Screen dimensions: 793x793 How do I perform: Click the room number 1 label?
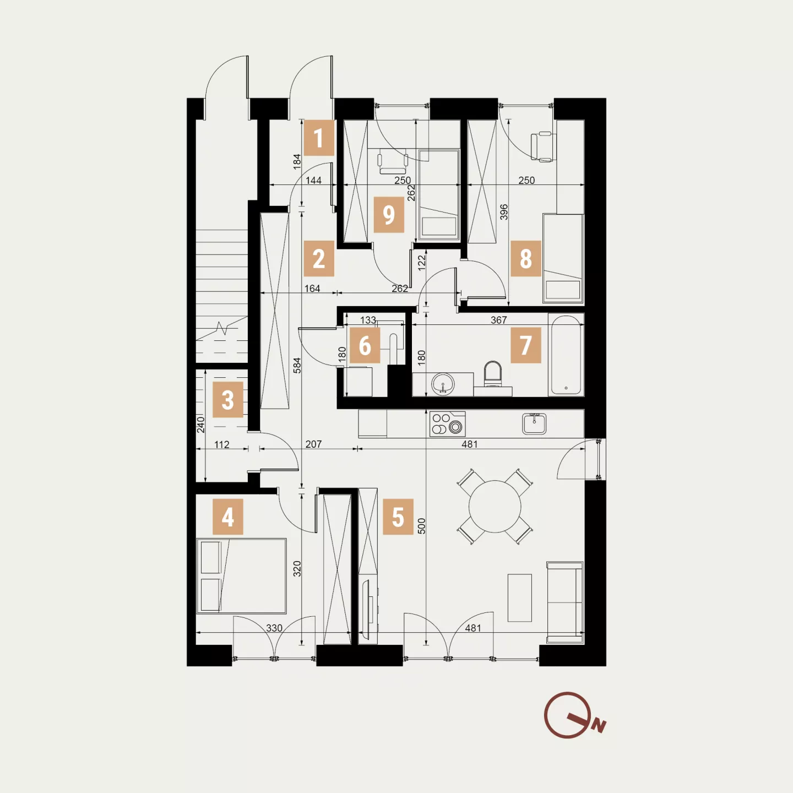click(x=319, y=138)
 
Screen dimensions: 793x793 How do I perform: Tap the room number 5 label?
click(x=398, y=517)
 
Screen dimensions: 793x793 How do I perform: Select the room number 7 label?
click(x=525, y=345)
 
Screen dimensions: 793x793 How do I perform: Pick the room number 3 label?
click(x=227, y=400)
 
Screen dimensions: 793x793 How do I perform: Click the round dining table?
click(x=495, y=507)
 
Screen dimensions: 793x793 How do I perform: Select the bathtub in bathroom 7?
click(x=566, y=355)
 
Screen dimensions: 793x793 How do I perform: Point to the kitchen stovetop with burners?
click(x=447, y=424)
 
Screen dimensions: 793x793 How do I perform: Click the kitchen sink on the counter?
click(x=534, y=424)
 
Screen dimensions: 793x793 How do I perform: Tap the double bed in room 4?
click(x=241, y=575)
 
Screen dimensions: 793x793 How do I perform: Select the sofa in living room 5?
click(x=565, y=602)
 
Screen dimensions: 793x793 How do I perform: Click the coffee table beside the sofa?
click(x=520, y=598)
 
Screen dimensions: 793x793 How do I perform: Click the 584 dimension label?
click(x=297, y=365)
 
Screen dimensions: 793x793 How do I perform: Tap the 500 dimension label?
click(x=421, y=526)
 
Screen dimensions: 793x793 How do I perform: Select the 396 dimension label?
click(x=504, y=212)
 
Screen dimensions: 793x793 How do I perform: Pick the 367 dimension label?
click(x=499, y=320)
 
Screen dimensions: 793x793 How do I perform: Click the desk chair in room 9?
click(x=393, y=161)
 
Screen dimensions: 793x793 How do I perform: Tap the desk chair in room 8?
click(x=541, y=146)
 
